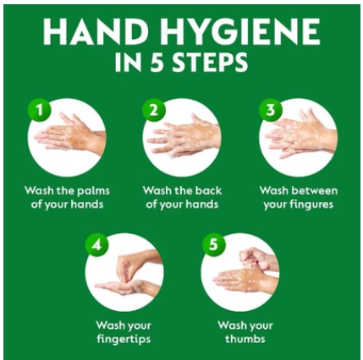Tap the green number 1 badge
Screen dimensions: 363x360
coord(40,110)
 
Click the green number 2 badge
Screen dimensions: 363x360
coord(154,110)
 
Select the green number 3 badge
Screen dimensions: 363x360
coord(271,110)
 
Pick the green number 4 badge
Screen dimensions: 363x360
coord(97,244)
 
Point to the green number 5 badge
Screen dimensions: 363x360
coord(214,244)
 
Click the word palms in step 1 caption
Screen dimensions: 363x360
coord(93,191)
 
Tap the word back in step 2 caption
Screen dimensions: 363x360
coord(208,191)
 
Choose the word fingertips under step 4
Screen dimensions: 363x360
coord(124,339)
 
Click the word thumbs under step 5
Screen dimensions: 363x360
coord(245,338)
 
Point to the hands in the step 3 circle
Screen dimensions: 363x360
coord(300,134)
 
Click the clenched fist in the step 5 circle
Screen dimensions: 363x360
coord(252,258)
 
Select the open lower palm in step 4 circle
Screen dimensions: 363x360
coord(125,287)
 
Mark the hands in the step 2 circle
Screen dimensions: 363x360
coord(184,136)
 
